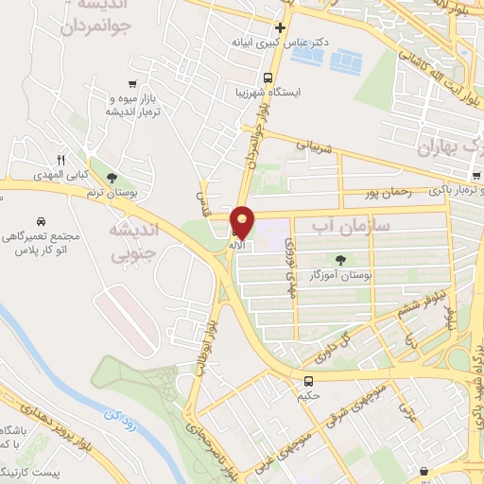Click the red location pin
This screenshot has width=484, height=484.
(243, 222)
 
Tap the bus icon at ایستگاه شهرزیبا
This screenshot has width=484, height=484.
(269, 78)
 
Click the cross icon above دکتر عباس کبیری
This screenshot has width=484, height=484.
(280, 26)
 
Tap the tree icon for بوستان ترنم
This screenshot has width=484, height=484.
(112, 177)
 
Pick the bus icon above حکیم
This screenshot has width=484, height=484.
(308, 381)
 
